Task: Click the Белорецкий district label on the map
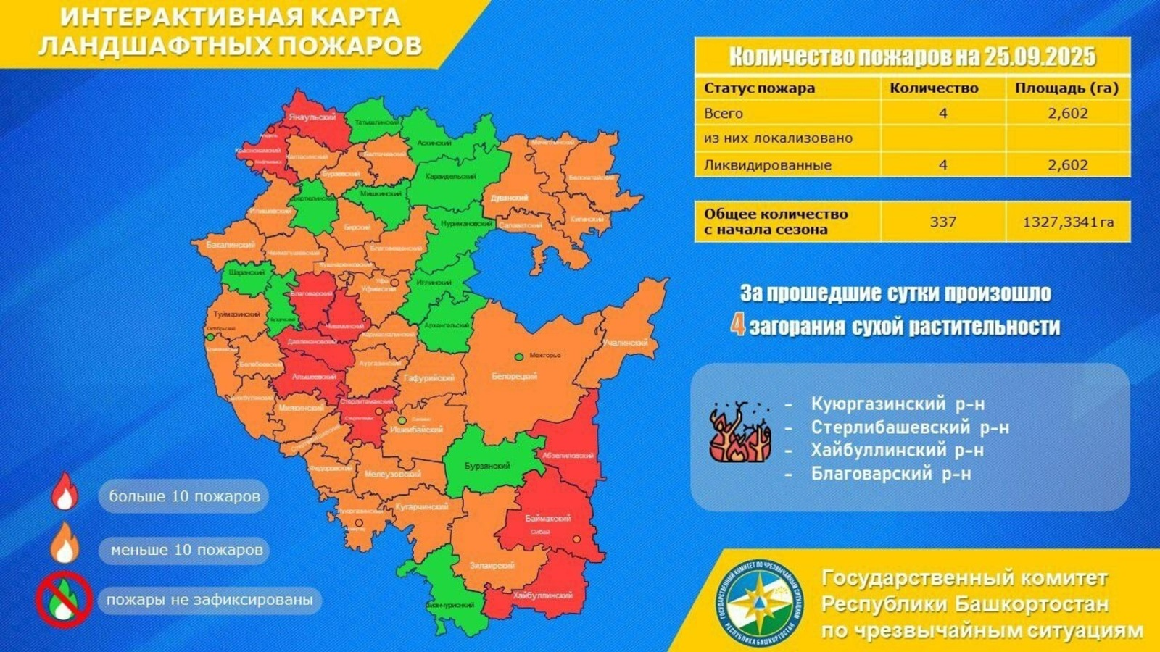click(514, 376)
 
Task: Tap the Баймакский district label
click(547, 519)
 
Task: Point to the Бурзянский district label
click(488, 466)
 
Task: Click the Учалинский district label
click(625, 342)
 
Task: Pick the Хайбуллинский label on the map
click(542, 595)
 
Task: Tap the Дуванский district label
click(509, 198)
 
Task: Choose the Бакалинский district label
click(231, 245)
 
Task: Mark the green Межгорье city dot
click(519, 356)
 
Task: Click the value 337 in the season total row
click(942, 222)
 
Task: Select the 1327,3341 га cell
click(1068, 222)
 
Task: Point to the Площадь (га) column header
click(1066, 88)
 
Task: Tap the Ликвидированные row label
click(768, 164)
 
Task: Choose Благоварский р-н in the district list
click(891, 474)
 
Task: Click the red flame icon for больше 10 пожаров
click(65, 493)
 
